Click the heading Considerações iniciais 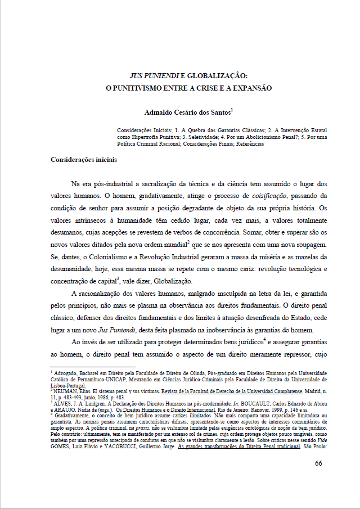click(84, 159)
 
